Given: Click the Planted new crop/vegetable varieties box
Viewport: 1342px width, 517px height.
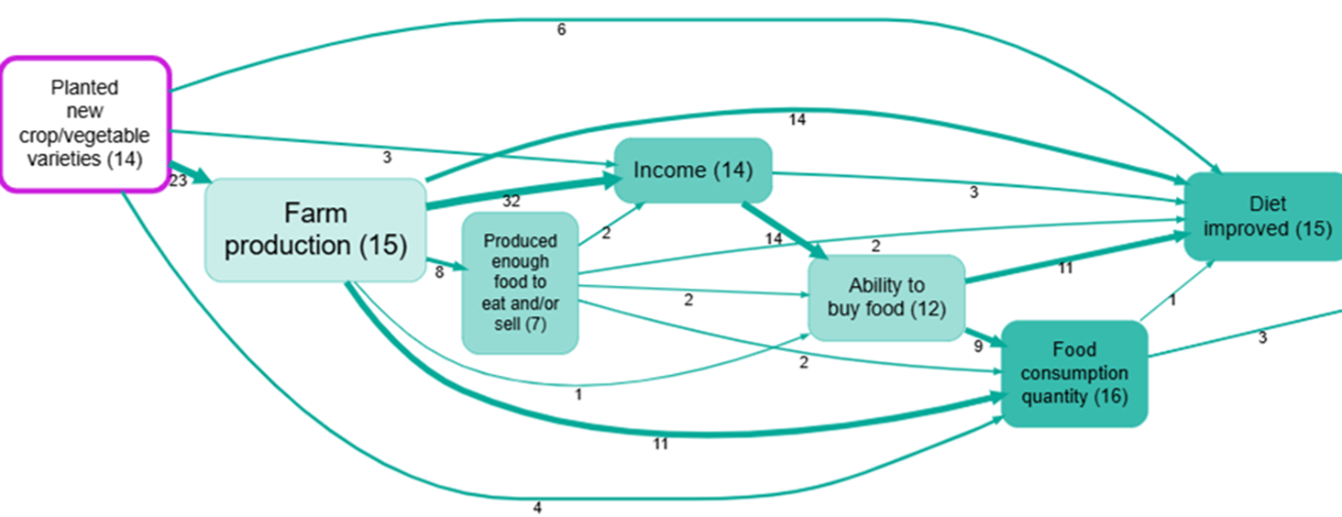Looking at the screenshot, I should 84,124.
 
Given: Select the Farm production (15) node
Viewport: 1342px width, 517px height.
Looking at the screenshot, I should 315,230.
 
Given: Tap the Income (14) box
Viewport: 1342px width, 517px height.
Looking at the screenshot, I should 692,170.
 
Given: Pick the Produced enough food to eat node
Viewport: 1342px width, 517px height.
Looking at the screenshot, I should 520,282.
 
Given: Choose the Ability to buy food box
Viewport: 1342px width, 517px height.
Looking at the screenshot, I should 885,297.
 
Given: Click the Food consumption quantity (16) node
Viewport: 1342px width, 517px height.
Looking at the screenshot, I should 1074,373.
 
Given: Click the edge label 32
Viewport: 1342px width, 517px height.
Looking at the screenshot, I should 511,201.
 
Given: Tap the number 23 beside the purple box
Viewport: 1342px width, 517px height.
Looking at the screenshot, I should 178,181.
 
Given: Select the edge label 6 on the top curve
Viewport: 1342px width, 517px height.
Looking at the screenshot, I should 562,29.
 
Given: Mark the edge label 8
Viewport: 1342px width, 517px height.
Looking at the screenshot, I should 439,272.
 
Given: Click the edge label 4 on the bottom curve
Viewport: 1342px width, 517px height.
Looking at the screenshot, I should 537,507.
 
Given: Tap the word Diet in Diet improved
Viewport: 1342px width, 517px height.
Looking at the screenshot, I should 1266,204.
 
